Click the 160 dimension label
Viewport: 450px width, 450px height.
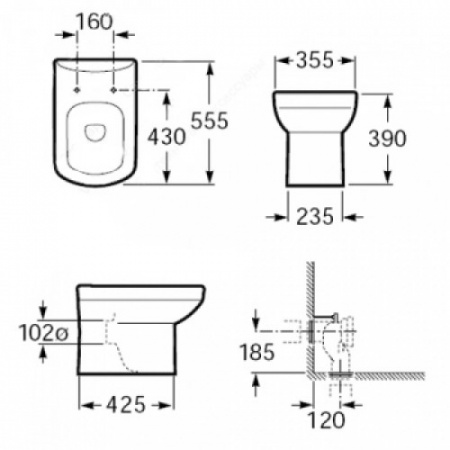pos(95,22)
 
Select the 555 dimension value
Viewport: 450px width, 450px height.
pos(209,120)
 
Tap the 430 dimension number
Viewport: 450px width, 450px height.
pos(166,136)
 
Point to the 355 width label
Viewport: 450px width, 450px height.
pos(315,60)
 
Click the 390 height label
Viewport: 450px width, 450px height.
pos(387,138)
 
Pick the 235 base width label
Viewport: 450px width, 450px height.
pos(315,216)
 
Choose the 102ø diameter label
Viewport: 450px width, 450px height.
pos(43,333)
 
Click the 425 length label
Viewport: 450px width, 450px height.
pos(126,405)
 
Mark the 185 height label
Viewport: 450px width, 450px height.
pos(257,352)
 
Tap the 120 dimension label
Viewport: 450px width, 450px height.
pos(326,420)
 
